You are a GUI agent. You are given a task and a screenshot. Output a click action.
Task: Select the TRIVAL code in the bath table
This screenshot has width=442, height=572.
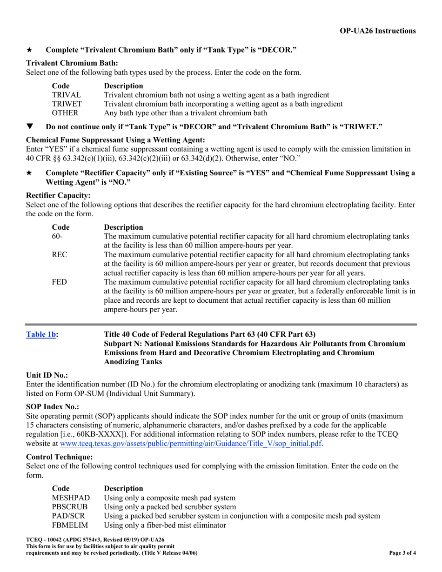[66, 95]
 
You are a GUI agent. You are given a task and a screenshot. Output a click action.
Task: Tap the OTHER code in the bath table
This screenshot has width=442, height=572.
[65, 113]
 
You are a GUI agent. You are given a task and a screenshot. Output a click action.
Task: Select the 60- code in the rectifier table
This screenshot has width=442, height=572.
[57, 236]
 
